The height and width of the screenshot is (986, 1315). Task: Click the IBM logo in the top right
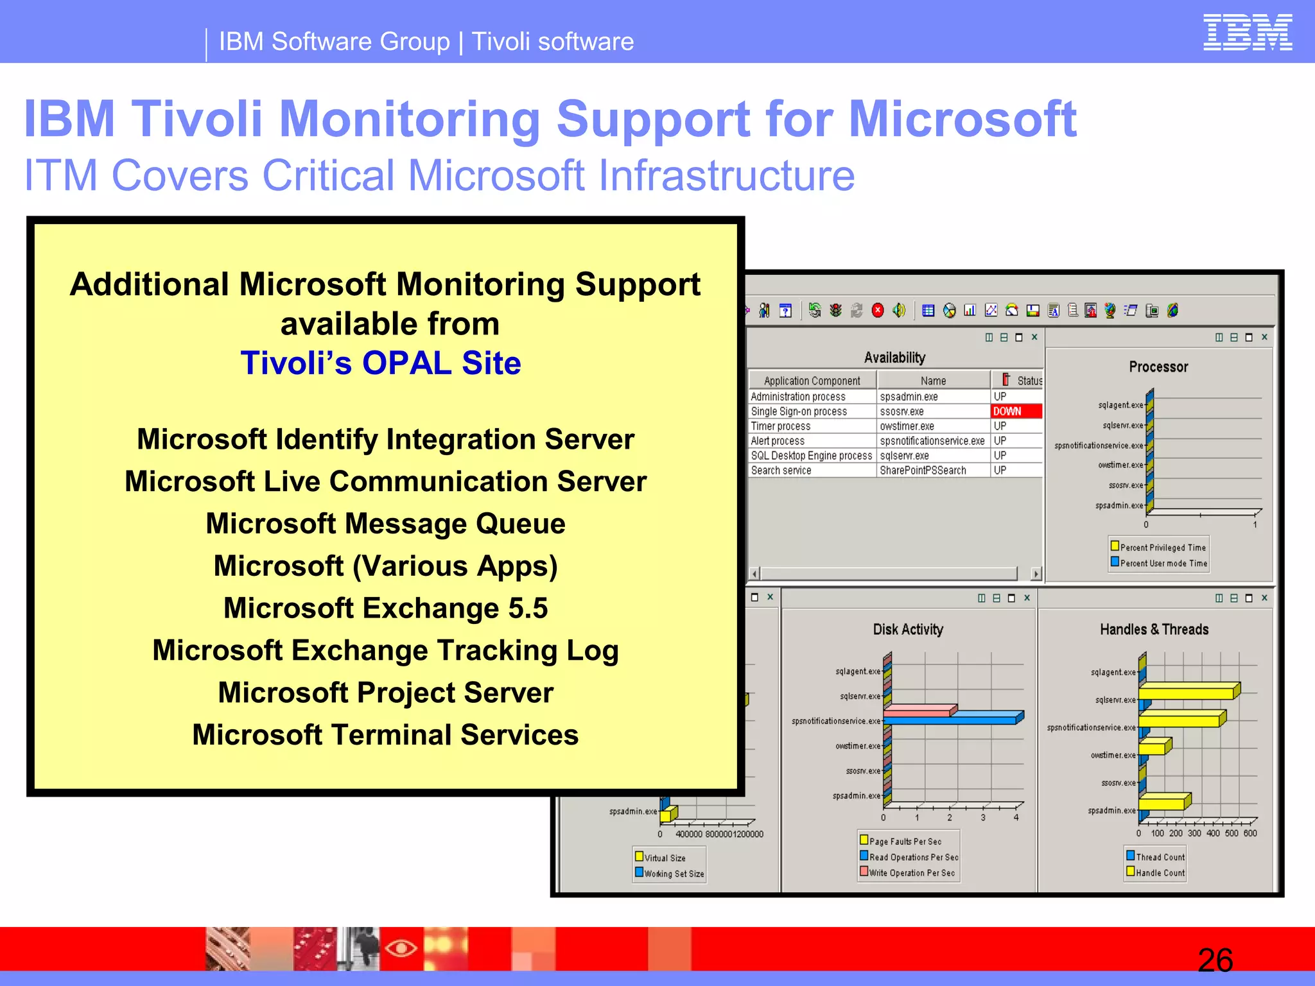1247,32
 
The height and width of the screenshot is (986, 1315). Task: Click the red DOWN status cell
1016,411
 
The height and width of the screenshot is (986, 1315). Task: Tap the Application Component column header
812,381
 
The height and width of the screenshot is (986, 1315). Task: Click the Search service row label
781,471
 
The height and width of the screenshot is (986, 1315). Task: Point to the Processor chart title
1158,367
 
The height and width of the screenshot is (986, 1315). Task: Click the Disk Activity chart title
908,630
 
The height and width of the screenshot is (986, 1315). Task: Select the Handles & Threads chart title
1154,630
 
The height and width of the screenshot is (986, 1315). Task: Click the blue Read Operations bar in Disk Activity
950,720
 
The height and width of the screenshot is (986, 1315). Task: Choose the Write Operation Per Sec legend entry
911,873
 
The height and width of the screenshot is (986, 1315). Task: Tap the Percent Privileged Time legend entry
1162,548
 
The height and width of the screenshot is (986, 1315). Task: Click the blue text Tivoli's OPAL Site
381,363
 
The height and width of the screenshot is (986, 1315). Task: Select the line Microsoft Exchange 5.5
385,609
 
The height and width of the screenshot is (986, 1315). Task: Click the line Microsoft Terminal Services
385,735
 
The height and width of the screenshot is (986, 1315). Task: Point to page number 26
1215,960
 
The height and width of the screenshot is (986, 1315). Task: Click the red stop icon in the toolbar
878,311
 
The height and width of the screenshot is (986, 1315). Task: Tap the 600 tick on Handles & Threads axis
1250,833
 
